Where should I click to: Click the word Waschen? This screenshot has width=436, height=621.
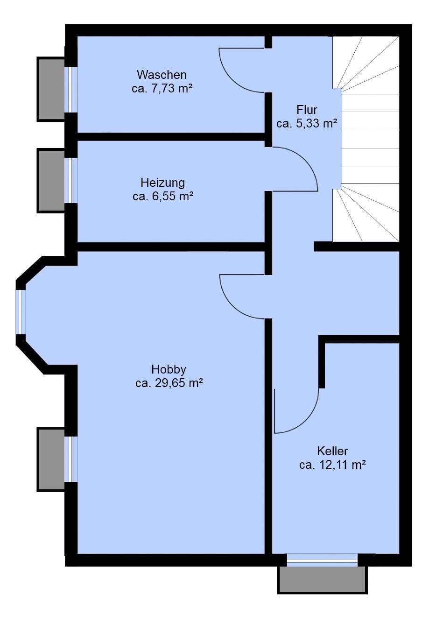pos(162,75)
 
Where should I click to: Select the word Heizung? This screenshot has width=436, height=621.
pos(163,183)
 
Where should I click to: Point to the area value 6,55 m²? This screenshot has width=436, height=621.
pos(172,197)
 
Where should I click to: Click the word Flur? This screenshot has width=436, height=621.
pos(307,110)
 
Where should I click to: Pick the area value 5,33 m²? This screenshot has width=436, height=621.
pos(316,124)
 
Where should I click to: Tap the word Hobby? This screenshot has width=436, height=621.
pos(169,369)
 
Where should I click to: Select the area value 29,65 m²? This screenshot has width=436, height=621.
pos(179,383)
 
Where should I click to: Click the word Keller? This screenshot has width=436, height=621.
pos(332,452)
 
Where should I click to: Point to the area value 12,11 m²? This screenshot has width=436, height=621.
pos(342,465)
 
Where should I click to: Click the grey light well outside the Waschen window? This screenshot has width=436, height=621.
pos(51,89)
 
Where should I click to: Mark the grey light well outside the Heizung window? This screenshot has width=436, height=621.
pos(51,181)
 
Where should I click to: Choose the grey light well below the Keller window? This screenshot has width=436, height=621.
pos(323,580)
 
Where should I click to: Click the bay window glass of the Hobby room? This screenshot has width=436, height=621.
pos(21,312)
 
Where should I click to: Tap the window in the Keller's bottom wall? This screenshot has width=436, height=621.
pos(322,559)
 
